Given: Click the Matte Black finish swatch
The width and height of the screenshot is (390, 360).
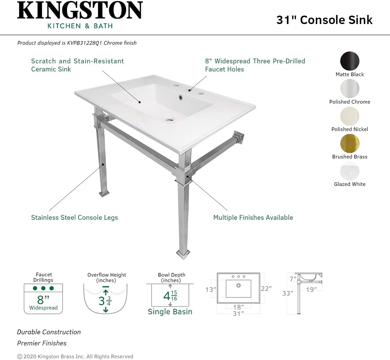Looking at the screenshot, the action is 350,61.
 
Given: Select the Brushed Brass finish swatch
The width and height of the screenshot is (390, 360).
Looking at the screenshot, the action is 350,144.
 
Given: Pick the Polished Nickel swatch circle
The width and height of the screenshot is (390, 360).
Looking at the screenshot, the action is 350,116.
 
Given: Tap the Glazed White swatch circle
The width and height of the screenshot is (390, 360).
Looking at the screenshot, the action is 350,171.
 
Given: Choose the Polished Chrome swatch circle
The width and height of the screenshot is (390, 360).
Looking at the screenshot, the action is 350,89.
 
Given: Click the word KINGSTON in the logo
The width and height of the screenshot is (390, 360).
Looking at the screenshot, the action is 80,11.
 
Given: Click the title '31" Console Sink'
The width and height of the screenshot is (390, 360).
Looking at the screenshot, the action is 324,20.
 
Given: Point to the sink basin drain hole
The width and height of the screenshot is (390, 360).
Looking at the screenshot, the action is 169,119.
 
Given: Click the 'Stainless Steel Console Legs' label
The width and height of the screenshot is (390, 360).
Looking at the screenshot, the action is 74,218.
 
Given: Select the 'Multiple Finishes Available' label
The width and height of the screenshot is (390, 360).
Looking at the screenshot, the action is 253,218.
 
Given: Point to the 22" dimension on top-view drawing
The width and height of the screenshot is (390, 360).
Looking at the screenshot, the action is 266,289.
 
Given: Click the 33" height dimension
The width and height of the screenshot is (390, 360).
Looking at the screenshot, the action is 287,293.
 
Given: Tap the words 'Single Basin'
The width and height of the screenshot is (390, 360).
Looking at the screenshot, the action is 170,312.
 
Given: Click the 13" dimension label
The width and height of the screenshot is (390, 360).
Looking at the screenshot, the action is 210,290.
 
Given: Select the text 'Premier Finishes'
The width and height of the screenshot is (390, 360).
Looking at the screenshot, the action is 42,343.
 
